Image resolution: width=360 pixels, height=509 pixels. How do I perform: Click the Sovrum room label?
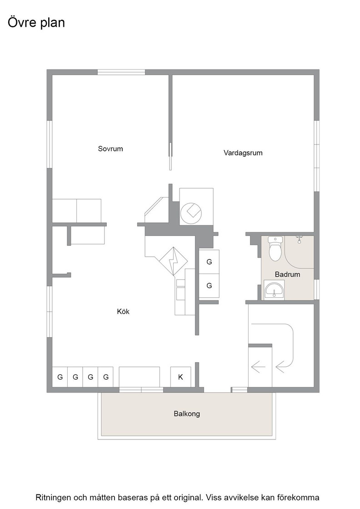coord(110,149)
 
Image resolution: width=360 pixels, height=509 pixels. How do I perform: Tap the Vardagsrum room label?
coord(243,153)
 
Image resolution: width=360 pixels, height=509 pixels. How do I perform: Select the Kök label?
coord(123,312)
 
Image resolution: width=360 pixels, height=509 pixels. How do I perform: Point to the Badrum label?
coord(287,274)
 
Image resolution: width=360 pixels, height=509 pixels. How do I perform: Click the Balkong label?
coord(187,414)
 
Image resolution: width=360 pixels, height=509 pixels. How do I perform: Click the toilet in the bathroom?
coord(275,249)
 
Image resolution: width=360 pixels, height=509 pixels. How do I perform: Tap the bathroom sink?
coord(274,289)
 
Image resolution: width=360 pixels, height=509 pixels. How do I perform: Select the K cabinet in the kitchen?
coord(180,377)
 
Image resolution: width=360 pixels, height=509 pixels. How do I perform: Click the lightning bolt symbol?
coord(173,262)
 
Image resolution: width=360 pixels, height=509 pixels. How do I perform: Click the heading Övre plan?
coord(36,23)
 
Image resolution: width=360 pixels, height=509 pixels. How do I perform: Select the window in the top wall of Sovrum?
coord(121,72)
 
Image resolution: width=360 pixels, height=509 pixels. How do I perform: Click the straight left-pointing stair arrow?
coord(258,367)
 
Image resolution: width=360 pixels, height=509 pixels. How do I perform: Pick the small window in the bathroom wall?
coord(316,289)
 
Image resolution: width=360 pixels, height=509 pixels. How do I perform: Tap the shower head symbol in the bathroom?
coord(299,240)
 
